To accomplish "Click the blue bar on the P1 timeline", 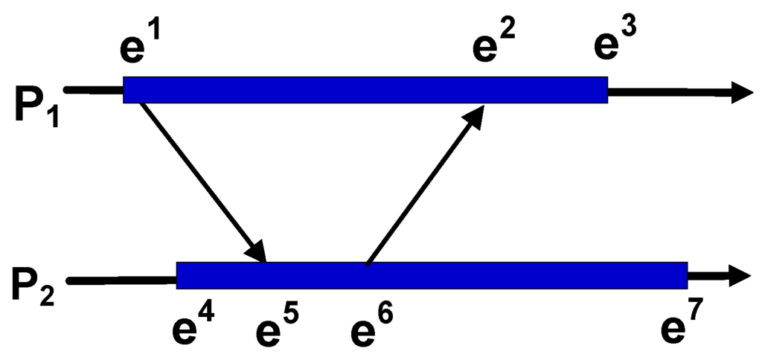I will pos(365,89).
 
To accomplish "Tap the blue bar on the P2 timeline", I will pos(432,275).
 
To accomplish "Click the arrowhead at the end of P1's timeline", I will pos(740,91).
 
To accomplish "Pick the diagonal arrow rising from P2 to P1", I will pos(424,186).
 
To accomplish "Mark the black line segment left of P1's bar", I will pos(94,90).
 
